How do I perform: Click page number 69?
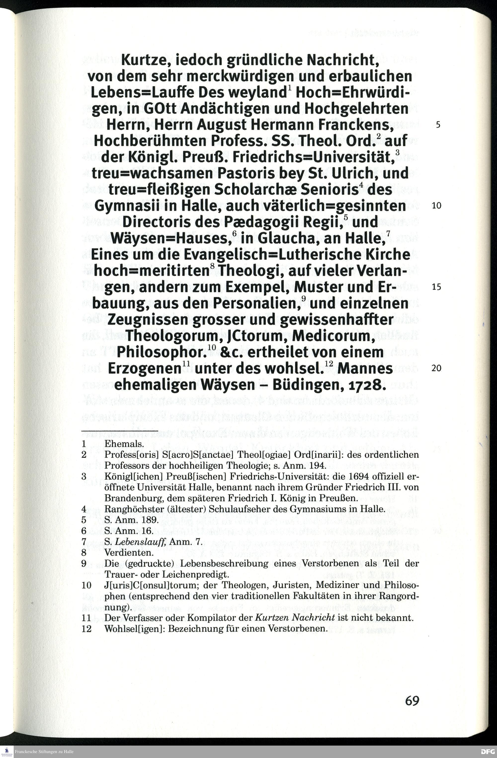(x=412, y=700)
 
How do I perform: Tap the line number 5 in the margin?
(x=438, y=125)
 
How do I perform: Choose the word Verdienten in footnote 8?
(x=129, y=553)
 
